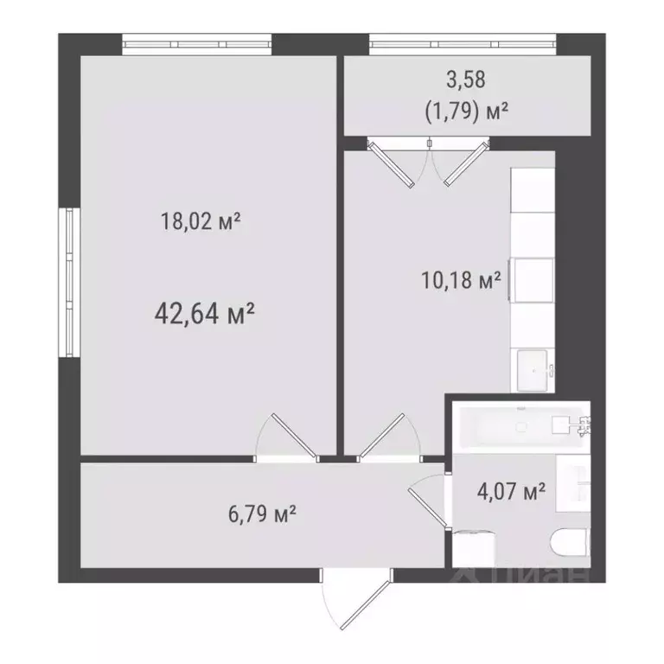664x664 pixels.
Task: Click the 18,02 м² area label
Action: click(x=200, y=222)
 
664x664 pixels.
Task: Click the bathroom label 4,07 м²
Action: click(x=511, y=494)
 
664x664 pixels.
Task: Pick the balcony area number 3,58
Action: click(x=466, y=80)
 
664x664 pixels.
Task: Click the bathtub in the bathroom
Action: click(x=519, y=425)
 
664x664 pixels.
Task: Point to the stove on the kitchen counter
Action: click(x=534, y=279)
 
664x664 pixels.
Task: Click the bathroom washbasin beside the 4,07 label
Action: click(x=578, y=485)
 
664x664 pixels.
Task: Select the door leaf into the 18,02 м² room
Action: click(x=287, y=435)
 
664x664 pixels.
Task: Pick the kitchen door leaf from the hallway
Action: click(x=386, y=436)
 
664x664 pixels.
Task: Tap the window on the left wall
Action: click(x=69, y=280)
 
